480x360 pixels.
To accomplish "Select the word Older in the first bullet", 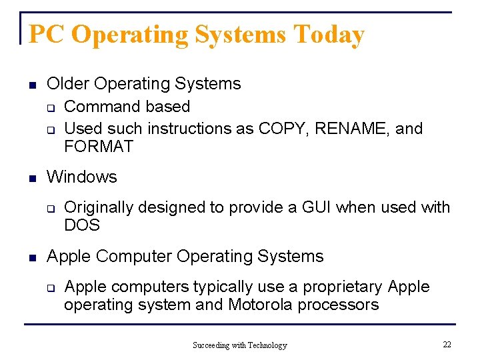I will point(69,84).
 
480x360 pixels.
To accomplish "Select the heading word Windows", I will point(82,177).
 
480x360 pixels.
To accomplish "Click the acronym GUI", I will point(317,207).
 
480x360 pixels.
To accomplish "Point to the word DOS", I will point(82,225).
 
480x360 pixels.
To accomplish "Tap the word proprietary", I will point(342,287).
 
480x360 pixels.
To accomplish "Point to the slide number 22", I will point(447,344).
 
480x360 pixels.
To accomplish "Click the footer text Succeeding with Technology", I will point(239,345).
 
